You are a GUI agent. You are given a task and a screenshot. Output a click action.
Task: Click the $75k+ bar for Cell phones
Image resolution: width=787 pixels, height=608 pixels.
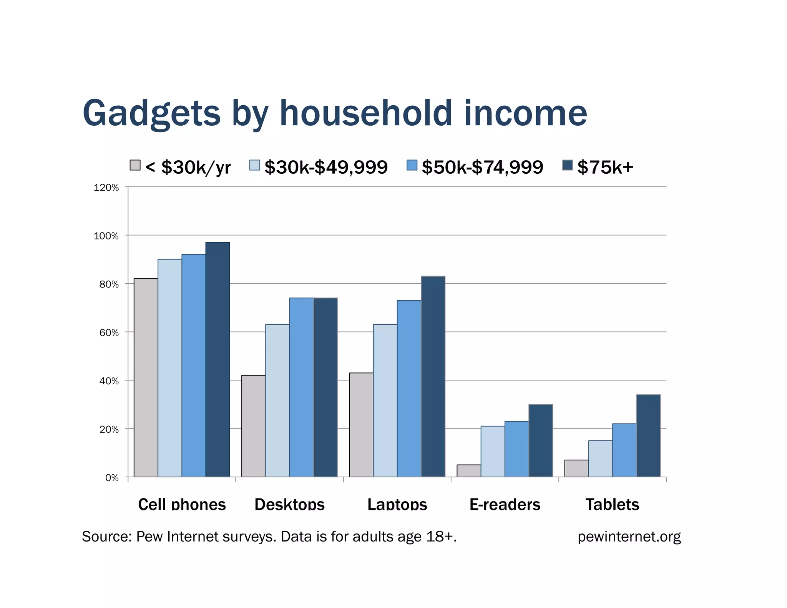pos(218,359)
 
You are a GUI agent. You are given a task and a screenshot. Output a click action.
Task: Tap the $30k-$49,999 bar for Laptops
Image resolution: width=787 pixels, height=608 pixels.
pos(385,400)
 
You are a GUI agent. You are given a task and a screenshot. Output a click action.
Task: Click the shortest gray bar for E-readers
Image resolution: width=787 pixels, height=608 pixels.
pos(468,470)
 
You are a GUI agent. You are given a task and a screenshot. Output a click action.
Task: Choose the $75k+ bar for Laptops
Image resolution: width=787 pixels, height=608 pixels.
pos(433,376)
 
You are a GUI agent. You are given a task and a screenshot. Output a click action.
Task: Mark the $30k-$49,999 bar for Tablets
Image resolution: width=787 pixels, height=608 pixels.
pos(600,458)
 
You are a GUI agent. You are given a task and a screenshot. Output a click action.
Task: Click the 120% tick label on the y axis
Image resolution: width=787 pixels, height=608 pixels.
pos(106,188)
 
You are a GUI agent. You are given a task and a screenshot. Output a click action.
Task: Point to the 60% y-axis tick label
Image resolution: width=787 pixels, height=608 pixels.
pos(109,332)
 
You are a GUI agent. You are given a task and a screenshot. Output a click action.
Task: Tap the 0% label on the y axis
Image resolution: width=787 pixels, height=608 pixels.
pos(111,478)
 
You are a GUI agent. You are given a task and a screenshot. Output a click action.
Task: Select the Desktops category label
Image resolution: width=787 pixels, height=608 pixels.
pos(289,504)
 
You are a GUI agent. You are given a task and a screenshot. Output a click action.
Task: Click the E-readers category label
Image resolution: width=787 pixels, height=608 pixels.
pos(505,504)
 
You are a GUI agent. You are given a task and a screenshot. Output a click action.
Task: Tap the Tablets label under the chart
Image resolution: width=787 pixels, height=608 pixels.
pos(612,504)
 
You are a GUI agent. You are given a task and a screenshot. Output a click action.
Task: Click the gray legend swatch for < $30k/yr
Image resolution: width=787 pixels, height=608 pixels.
pos(135,165)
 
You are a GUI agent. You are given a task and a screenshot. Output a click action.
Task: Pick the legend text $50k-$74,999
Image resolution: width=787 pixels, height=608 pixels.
pos(482,167)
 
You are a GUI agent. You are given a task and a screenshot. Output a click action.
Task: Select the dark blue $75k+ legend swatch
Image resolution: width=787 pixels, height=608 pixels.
pos(567,165)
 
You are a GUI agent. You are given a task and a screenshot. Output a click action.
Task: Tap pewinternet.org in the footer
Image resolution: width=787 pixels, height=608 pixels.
pos(629,537)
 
